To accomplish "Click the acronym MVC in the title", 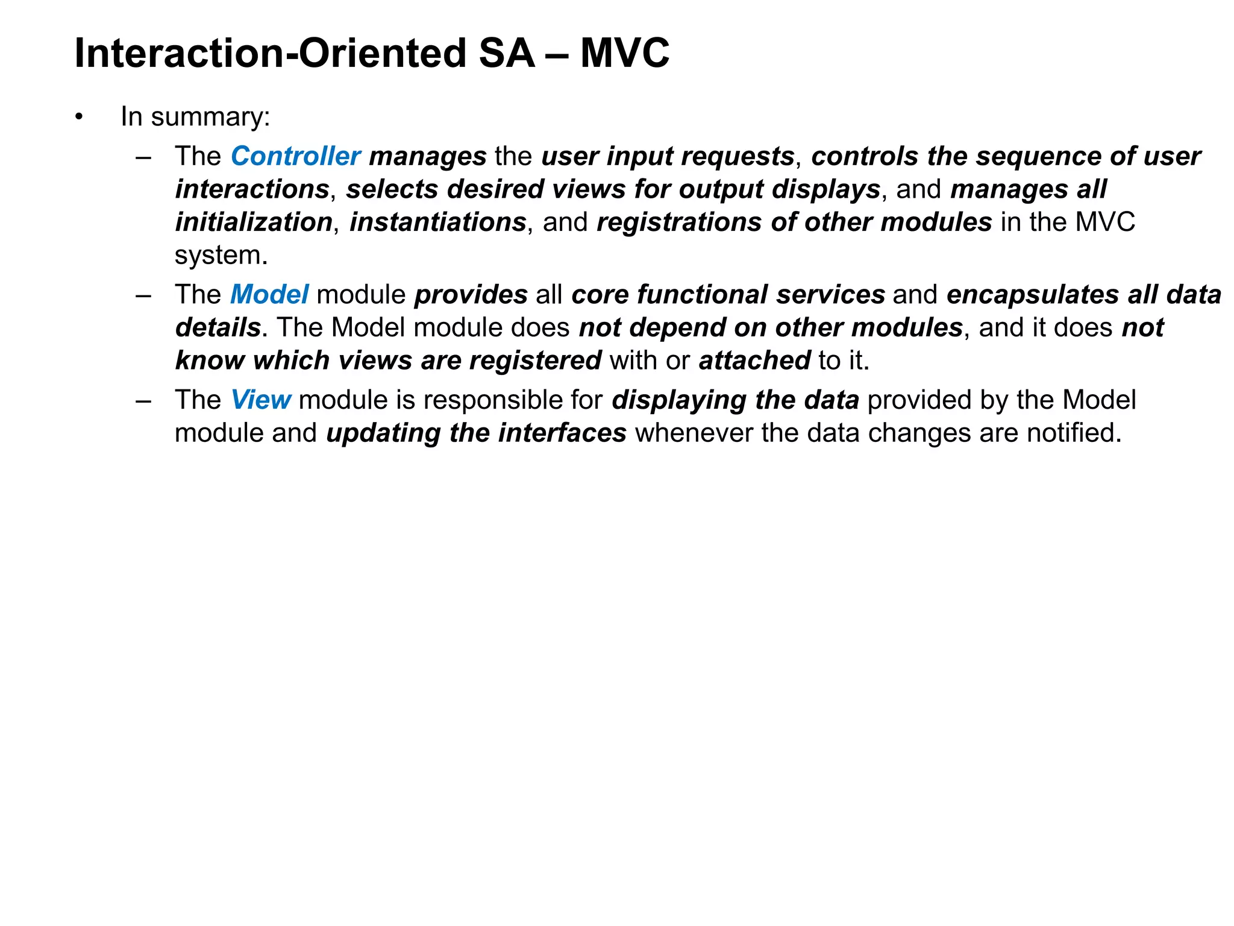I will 624,53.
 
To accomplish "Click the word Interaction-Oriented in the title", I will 270,53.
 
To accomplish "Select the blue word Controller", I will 295,156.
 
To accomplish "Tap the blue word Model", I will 269,294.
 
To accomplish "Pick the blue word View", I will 261,400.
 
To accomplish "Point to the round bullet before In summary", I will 79,117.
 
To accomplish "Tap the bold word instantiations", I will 438,222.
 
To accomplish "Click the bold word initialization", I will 254,222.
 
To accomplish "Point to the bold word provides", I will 471,295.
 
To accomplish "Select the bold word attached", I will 754,361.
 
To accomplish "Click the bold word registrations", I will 678,222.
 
